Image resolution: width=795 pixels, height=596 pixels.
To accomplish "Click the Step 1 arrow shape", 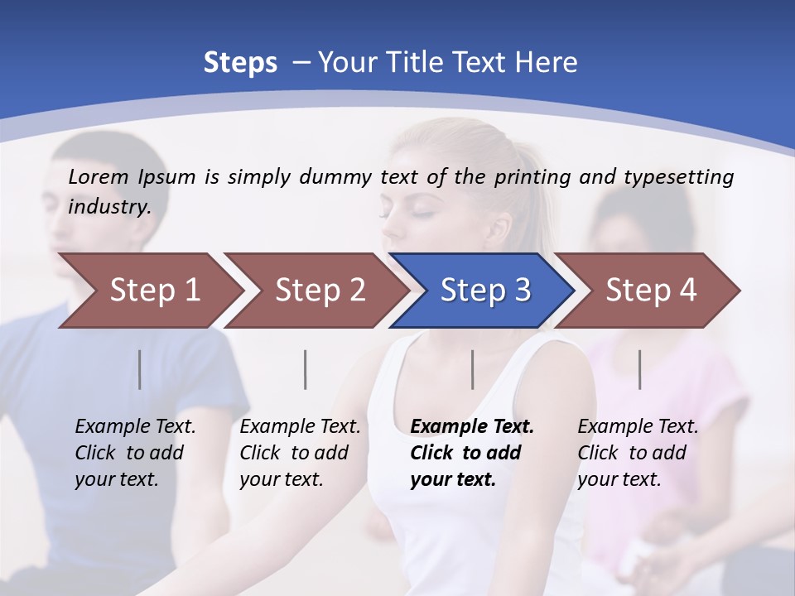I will (x=149, y=290).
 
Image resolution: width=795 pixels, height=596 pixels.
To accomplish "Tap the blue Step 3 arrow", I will (x=484, y=290).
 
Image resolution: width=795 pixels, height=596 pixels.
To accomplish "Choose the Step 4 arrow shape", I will (x=650, y=290).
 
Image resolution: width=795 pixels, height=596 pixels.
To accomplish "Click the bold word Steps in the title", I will (x=240, y=62).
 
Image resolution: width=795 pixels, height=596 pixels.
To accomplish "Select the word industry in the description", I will (x=109, y=206).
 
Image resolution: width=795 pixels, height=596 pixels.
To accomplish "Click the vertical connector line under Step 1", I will (x=140, y=369).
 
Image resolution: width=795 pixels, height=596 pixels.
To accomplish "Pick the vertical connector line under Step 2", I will (x=306, y=369).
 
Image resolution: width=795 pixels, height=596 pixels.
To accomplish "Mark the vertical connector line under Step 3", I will (x=473, y=369).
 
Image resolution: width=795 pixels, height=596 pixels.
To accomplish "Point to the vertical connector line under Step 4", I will (x=640, y=369).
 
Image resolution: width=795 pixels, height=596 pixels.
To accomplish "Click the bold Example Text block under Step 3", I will (x=472, y=453).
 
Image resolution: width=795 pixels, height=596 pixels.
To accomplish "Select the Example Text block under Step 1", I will (x=135, y=453).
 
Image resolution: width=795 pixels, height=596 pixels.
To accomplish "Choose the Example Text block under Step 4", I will (x=638, y=453).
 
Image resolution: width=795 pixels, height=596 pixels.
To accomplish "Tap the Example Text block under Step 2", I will (x=300, y=453).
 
